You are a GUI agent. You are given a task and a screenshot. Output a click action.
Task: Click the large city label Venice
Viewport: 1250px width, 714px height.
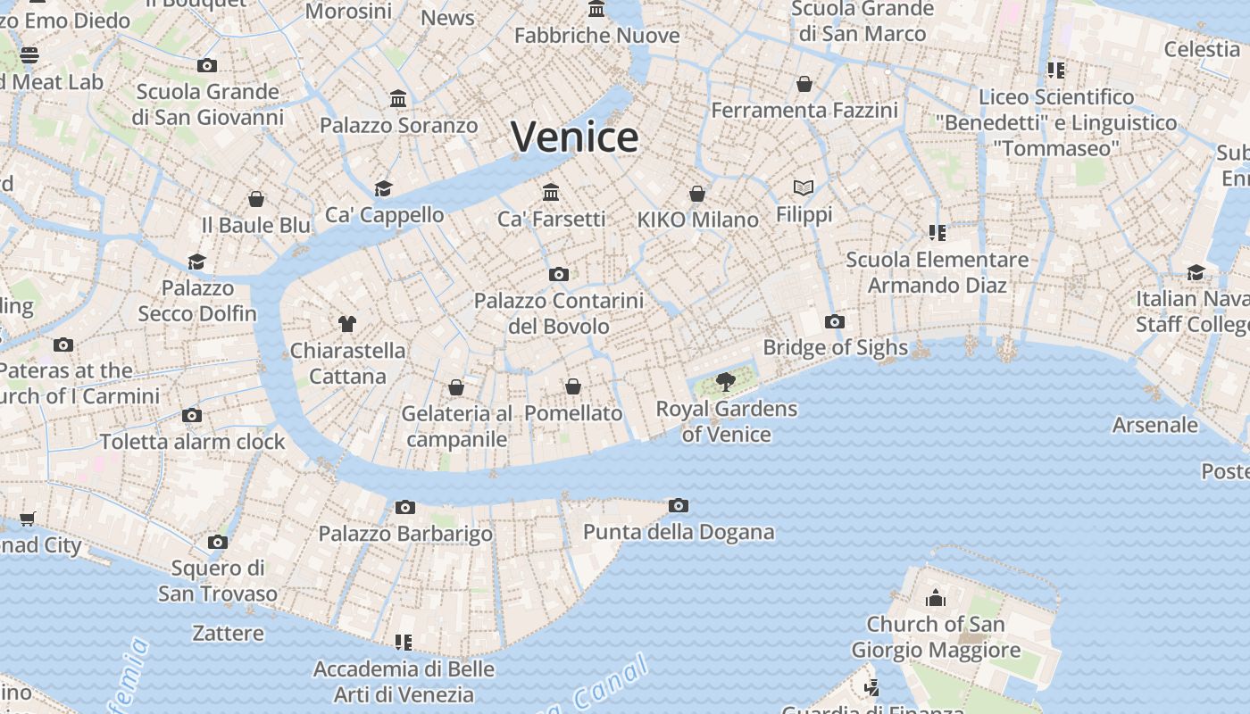[x=574, y=137]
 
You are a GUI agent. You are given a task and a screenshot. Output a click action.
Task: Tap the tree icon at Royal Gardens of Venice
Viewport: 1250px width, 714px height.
[x=726, y=382]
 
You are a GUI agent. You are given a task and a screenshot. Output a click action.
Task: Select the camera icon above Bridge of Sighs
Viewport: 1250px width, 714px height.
[x=835, y=321]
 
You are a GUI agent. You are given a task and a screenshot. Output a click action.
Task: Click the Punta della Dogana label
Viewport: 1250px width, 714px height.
[x=679, y=533]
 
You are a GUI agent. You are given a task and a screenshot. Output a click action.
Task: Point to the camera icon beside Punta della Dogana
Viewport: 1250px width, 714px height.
[x=679, y=506]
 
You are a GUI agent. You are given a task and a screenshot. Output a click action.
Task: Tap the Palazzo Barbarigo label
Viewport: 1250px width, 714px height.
[x=405, y=534]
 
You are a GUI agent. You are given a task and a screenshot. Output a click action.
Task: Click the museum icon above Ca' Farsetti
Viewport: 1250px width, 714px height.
[x=551, y=192]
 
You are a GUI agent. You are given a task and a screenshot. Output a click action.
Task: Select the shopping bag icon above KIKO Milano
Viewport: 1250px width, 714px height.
[x=697, y=194]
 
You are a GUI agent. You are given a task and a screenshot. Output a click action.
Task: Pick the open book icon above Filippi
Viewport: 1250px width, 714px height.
[x=804, y=187]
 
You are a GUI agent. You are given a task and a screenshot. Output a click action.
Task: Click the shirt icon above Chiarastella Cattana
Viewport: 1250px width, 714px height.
[x=347, y=323]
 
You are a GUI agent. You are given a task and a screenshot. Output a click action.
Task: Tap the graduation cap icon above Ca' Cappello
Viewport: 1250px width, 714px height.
[x=383, y=188]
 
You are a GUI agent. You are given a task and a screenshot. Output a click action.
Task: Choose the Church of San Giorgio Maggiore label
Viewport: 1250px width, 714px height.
[x=936, y=636]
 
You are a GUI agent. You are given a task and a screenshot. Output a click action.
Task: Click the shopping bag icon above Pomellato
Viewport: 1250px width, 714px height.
[x=573, y=386]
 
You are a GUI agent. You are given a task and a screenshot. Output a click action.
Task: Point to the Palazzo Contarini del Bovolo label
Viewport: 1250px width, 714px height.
[x=559, y=313]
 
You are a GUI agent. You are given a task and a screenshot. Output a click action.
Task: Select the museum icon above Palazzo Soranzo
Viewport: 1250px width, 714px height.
[x=398, y=98]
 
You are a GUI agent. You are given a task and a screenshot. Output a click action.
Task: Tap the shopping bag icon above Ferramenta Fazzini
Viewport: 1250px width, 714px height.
[x=804, y=84]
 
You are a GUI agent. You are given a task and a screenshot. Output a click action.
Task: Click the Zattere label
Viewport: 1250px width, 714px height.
[x=229, y=634]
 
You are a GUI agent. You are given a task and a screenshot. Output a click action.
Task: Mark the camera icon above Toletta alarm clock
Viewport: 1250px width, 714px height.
[x=191, y=415]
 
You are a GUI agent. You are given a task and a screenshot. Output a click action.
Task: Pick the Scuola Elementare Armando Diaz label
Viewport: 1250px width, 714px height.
[x=937, y=272]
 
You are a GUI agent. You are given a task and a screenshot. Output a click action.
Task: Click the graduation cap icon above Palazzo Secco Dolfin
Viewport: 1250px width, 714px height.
[x=196, y=262]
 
